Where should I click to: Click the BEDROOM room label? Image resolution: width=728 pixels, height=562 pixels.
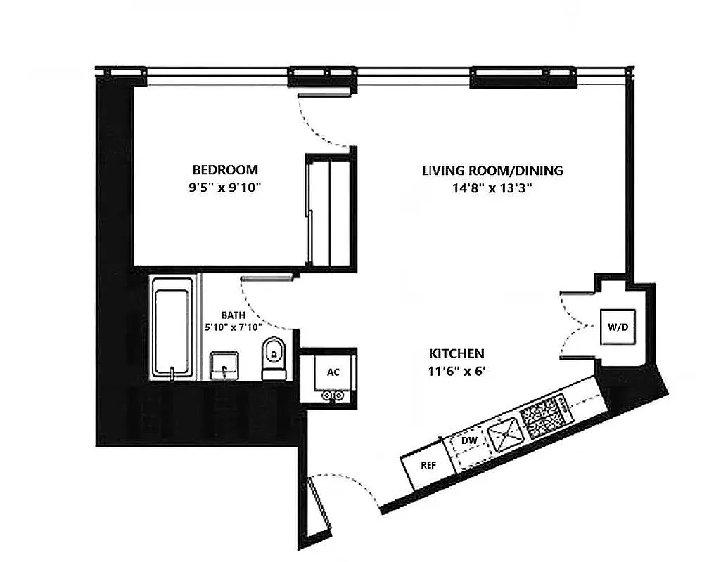click(225, 170)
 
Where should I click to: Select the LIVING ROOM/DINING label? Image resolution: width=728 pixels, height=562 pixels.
click(492, 170)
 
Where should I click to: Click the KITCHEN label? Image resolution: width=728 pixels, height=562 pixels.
click(457, 353)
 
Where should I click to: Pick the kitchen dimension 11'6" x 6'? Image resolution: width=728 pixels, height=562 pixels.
click(457, 370)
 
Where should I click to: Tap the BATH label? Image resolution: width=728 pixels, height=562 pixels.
click(233, 315)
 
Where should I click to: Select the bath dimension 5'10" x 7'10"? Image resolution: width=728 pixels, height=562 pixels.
click(233, 327)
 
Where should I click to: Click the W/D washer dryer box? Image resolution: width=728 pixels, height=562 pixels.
click(618, 327)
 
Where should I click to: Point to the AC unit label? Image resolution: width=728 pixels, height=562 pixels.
click(333, 372)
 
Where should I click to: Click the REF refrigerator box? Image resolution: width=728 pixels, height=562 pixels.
click(427, 466)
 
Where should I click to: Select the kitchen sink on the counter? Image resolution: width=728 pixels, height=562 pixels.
click(506, 432)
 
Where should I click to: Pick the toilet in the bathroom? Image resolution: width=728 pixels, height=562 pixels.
click(273, 355)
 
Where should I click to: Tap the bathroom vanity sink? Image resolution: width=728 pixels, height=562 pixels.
click(225, 365)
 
